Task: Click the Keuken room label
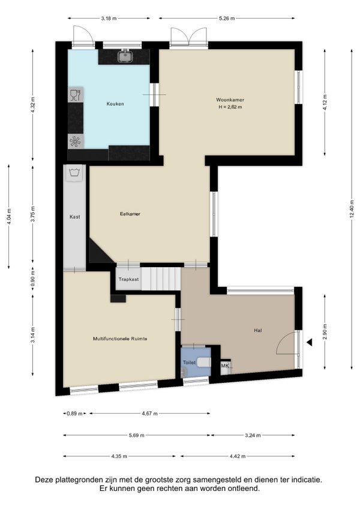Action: coord(115,104)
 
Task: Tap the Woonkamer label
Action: coord(230,100)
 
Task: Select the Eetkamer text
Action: coord(130,214)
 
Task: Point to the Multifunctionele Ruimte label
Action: coord(120,339)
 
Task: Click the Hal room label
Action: coord(258,331)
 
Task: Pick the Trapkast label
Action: coord(128,279)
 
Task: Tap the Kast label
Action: coord(74,217)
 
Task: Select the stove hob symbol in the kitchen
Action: coord(76,142)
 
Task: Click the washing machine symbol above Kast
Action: coord(74,173)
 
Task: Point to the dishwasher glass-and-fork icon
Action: coord(76,94)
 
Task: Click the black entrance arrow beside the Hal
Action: coord(310,342)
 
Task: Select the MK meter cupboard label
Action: coord(225,366)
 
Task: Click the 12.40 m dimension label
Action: coord(352,209)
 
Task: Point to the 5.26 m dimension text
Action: coord(227,19)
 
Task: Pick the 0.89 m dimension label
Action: coord(74,414)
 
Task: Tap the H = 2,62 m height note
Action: coord(230,107)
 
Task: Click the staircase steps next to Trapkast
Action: coord(161,279)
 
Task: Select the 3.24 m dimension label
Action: coord(253,435)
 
